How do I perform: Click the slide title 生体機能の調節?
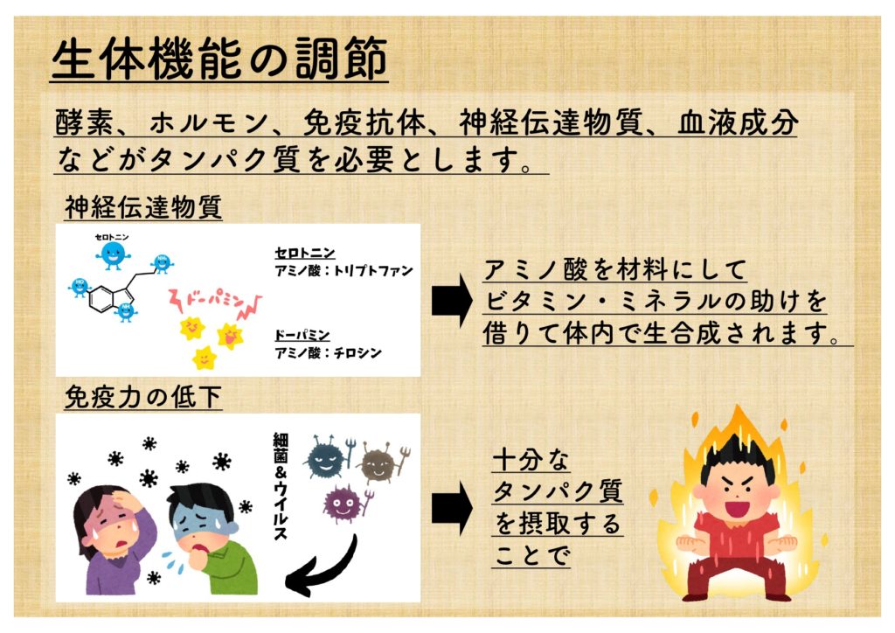219,59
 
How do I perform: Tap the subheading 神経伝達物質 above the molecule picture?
143,208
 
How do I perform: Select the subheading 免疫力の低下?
143,398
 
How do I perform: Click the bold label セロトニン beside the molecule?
305,253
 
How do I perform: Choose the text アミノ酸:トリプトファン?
343,270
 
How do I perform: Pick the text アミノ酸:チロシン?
328,352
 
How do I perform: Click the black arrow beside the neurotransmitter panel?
452,301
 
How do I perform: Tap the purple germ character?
342,503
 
